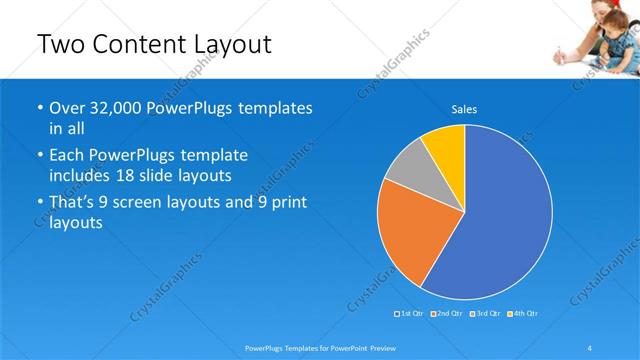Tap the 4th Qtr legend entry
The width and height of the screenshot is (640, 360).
(x=525, y=314)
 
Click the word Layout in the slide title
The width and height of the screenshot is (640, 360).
(x=221, y=45)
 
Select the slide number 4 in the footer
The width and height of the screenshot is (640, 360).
(x=590, y=347)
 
